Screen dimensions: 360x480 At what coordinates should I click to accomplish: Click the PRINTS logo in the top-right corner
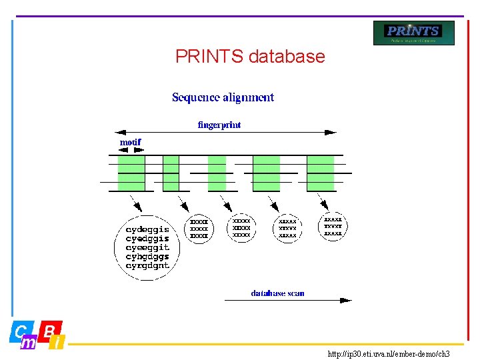tap(413, 33)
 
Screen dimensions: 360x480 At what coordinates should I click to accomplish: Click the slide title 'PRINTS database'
tap(250, 57)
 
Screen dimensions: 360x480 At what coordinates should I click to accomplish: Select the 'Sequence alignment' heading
tap(223, 97)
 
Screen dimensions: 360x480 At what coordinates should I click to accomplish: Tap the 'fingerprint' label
tap(219, 125)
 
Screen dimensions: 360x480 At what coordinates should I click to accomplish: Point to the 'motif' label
tap(130, 142)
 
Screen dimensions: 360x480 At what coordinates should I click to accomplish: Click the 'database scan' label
tap(277, 293)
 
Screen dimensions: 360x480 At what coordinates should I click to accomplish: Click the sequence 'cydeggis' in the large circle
tap(147, 230)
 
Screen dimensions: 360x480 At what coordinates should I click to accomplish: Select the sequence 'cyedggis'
tap(147, 239)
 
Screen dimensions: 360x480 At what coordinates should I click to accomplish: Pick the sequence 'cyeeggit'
tap(147, 247)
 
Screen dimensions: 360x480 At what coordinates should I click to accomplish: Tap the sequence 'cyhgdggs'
tap(147, 257)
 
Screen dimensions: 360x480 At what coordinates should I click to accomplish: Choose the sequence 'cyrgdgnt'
tap(147, 265)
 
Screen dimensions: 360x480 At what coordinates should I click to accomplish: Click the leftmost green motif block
tap(131, 173)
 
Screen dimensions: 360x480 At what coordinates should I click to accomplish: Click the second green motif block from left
tap(171, 173)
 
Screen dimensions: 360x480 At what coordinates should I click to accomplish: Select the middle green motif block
tap(217, 173)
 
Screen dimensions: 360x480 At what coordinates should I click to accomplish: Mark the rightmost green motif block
tap(321, 173)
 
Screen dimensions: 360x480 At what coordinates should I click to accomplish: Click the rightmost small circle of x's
tap(333, 227)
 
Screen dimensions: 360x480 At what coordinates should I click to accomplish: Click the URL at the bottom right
tap(389, 354)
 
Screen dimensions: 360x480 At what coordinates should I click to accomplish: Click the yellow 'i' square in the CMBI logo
tap(58, 343)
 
